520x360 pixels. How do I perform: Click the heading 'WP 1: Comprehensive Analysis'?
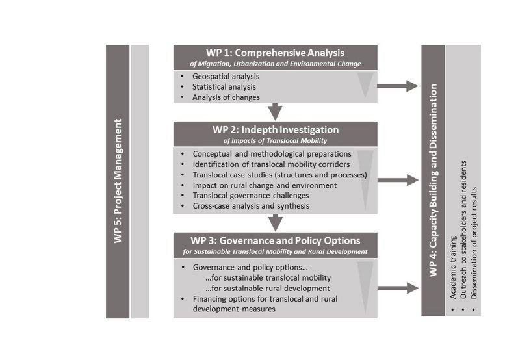(x=275, y=53)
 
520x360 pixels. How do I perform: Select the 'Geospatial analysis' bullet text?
(x=226, y=76)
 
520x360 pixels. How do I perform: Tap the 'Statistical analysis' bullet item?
(x=224, y=87)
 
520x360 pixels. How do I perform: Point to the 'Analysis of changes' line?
(x=226, y=97)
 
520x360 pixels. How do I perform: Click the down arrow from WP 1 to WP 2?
(x=275, y=112)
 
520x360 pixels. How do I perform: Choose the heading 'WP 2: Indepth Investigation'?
(x=276, y=129)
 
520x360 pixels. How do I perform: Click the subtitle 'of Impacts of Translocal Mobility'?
(x=275, y=140)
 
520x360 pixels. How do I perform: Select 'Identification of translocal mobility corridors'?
(x=271, y=164)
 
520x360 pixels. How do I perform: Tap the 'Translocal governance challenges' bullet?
(x=251, y=196)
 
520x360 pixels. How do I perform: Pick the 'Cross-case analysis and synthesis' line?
(x=251, y=206)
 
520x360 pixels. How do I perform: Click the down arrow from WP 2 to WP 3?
(x=276, y=223)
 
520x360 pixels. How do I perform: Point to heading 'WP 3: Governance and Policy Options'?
(x=275, y=240)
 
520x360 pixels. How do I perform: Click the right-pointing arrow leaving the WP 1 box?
(x=398, y=86)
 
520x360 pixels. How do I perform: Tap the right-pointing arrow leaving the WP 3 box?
(x=398, y=288)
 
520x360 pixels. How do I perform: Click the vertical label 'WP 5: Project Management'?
(x=118, y=181)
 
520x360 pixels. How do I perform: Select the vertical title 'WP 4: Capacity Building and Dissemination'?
(x=433, y=180)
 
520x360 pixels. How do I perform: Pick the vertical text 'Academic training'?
(x=453, y=267)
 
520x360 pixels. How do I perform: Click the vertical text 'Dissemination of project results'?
(x=474, y=243)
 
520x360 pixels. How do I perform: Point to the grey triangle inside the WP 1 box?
(x=365, y=83)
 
